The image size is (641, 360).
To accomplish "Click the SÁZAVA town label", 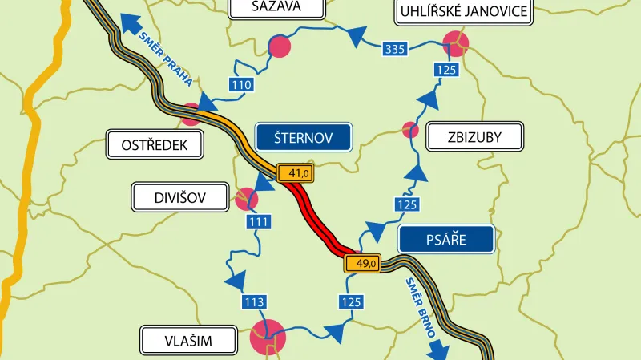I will coord(276,8).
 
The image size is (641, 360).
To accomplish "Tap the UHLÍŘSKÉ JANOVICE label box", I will coord(463,11).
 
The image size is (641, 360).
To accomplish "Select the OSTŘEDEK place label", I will coord(155,145).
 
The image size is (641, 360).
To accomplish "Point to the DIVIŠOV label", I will coord(180,197).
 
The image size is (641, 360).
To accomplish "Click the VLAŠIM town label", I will coord(190,341).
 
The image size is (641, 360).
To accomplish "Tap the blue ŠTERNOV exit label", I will coord(303,137).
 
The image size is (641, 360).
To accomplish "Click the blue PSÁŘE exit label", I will coord(446,239).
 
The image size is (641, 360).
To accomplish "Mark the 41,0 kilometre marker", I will coord(294,172).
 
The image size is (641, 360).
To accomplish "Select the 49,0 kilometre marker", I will coord(362,263).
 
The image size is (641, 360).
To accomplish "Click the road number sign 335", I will coord(395,50).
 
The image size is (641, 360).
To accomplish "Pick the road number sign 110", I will coord(241,85).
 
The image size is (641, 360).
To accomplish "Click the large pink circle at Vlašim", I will coord(267,336).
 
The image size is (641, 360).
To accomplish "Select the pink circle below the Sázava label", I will coord(279,47).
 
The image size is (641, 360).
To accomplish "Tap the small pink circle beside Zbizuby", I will coord(410,128).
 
